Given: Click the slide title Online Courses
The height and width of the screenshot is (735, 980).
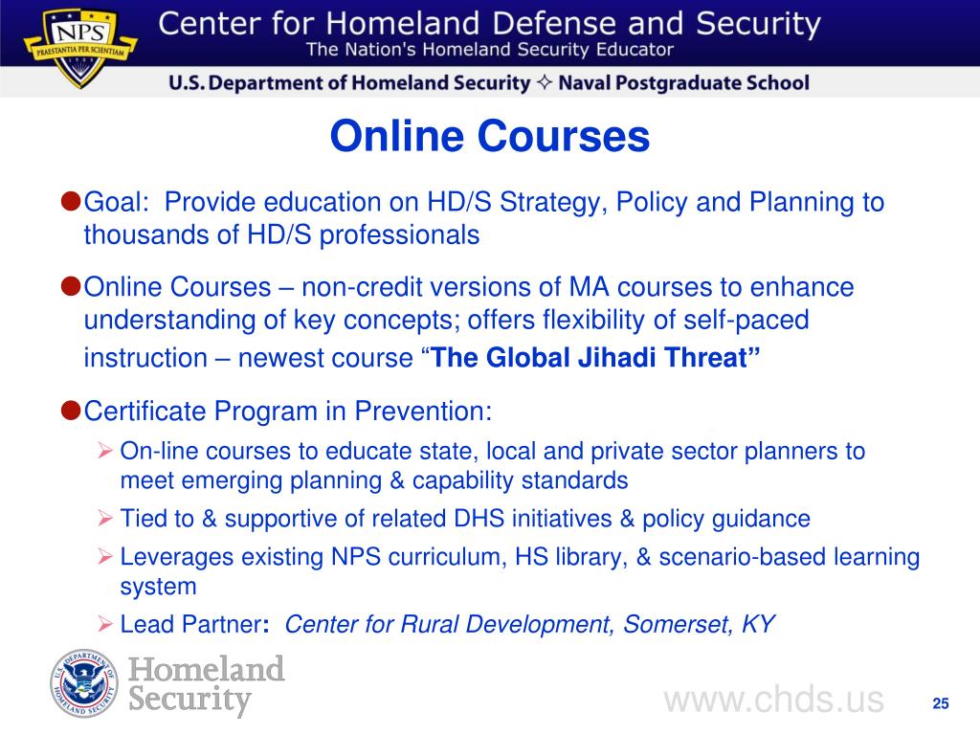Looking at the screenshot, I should pos(490,137).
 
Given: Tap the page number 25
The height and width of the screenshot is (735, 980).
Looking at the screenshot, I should pos(940,704).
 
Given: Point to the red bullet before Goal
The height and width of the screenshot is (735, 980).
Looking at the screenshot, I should pos(70,201).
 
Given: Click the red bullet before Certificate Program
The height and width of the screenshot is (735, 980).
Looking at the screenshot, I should pos(70,410).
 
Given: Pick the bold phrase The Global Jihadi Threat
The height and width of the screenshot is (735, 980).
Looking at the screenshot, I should pos(596,359).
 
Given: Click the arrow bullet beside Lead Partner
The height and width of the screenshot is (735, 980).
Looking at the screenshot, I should pos(106,624).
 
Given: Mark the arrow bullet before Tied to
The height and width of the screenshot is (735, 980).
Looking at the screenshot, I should pos(106,519).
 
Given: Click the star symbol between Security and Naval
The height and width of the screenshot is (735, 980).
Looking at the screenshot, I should pos(545,83).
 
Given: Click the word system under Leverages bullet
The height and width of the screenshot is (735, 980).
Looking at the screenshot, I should pos(158,586).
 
